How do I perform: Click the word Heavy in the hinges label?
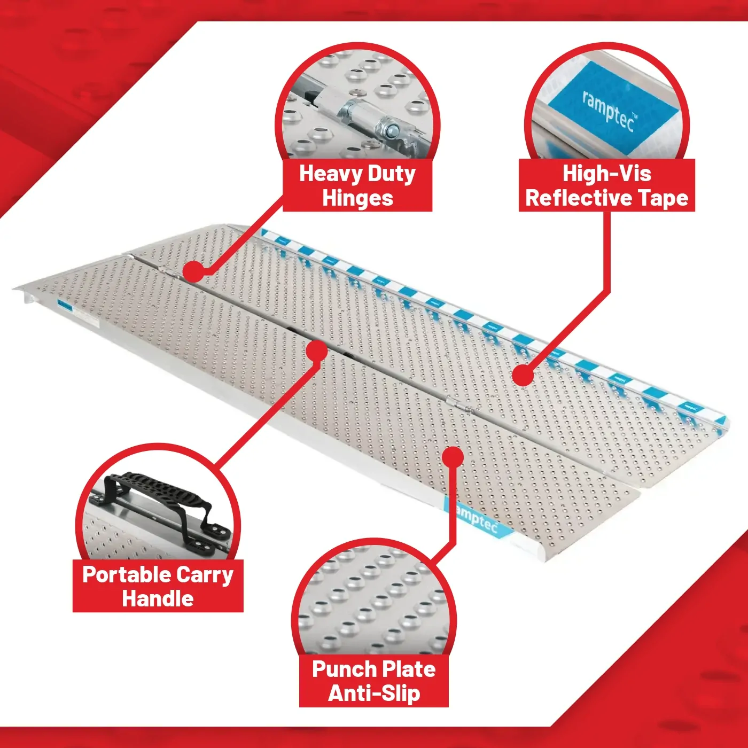click(330, 174)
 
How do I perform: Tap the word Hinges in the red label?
click(357, 198)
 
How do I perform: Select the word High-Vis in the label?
click(607, 174)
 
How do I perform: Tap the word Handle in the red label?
click(158, 598)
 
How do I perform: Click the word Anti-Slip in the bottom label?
click(374, 694)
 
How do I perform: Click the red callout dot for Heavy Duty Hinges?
click(194, 271)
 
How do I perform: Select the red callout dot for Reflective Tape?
click(523, 376)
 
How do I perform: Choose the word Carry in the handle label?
click(205, 575)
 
